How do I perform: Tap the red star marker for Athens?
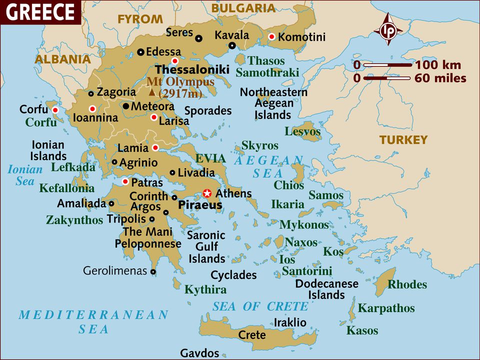tap(207, 193)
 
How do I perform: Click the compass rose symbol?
tap(388, 31)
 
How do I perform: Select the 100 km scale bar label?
tap(438, 65)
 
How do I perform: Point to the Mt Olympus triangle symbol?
tap(152, 92)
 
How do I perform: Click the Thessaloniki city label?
tap(192, 69)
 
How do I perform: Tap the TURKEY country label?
tap(403, 140)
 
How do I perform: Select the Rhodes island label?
tap(407, 284)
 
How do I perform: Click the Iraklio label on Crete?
tap(290, 322)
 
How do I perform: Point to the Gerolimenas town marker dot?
tap(153, 271)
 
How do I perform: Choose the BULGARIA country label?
tap(243, 8)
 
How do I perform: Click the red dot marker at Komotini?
tap(272, 36)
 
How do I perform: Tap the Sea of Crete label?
tap(260, 306)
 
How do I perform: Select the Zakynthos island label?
tap(74, 220)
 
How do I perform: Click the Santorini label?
tap(307, 271)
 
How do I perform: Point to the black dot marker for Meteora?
tap(126, 106)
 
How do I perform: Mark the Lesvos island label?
tap(302, 131)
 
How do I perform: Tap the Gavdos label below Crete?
tap(199, 353)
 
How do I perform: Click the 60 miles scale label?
tap(440, 78)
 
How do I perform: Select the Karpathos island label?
tap(386, 307)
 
